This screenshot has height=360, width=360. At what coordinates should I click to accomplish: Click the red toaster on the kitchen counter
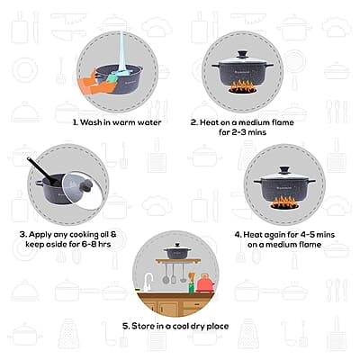pyautogui.click(x=206, y=283)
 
